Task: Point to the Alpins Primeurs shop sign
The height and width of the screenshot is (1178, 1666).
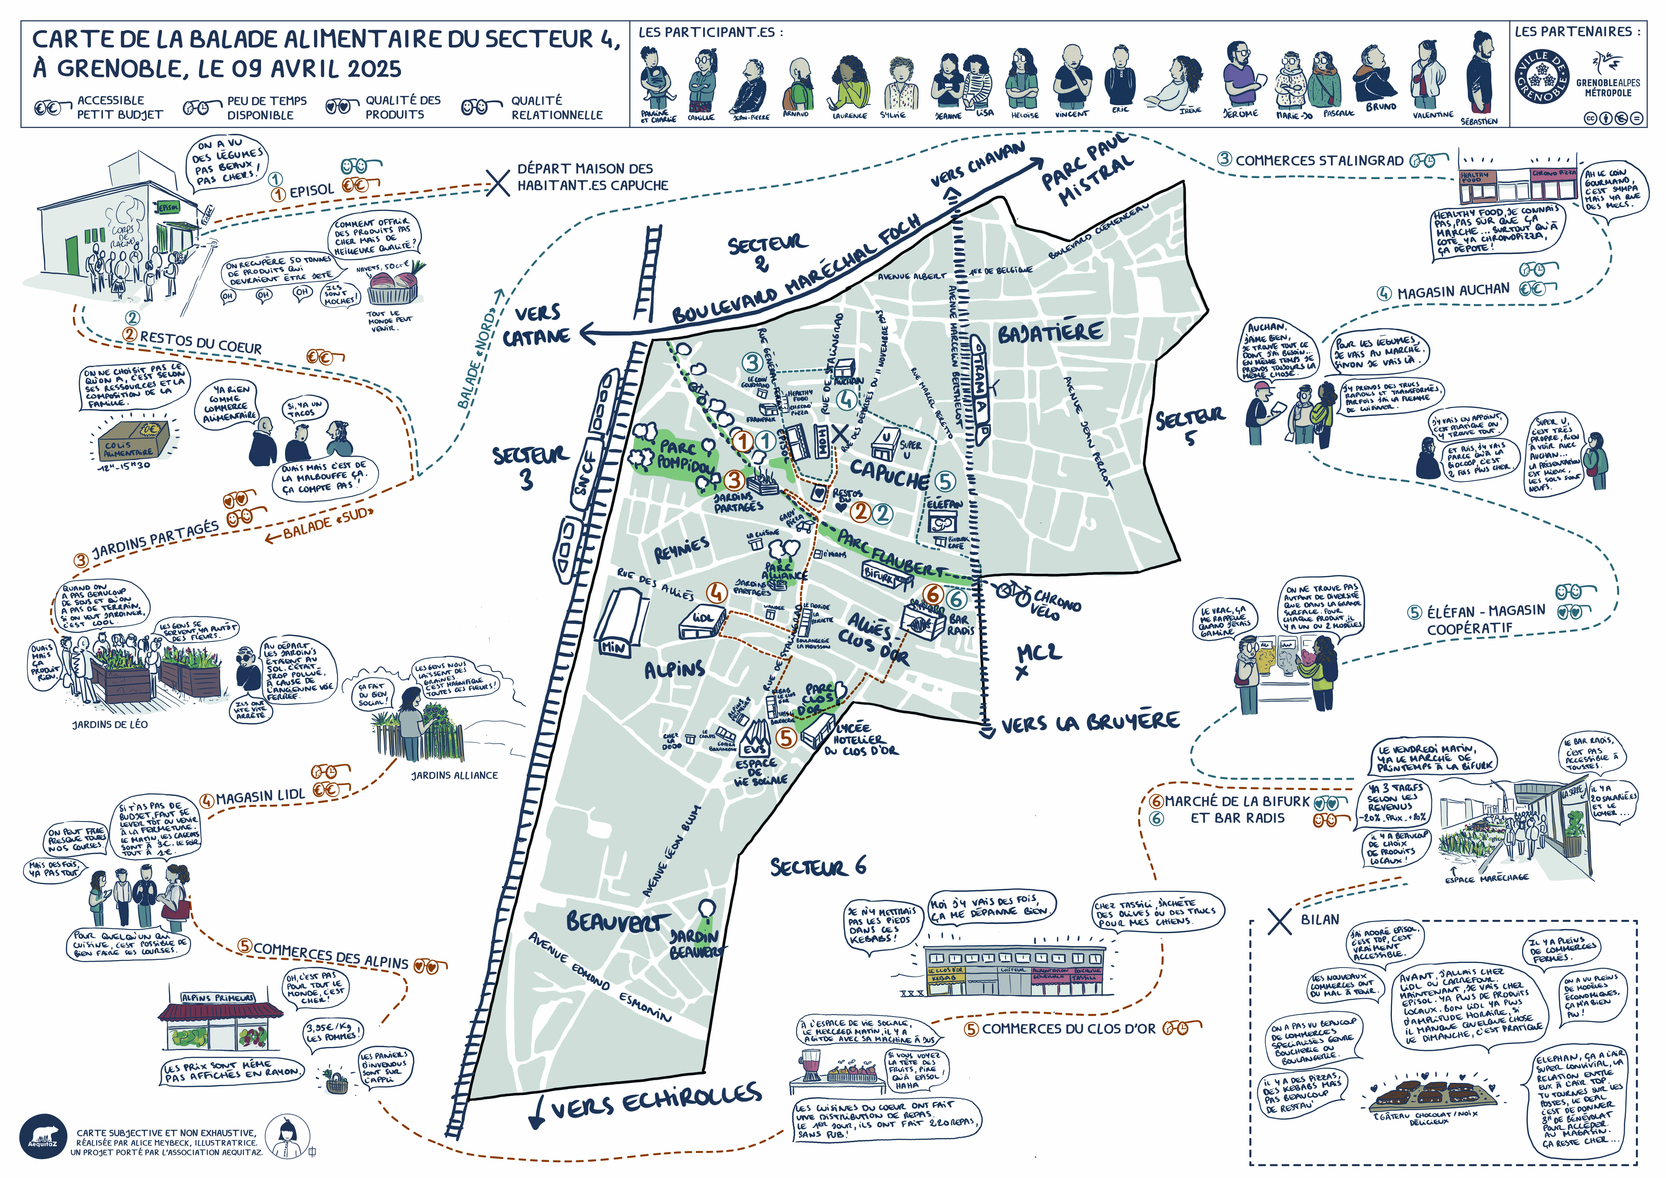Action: coord(218,998)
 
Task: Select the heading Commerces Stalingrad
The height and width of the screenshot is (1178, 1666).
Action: coord(1319,161)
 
